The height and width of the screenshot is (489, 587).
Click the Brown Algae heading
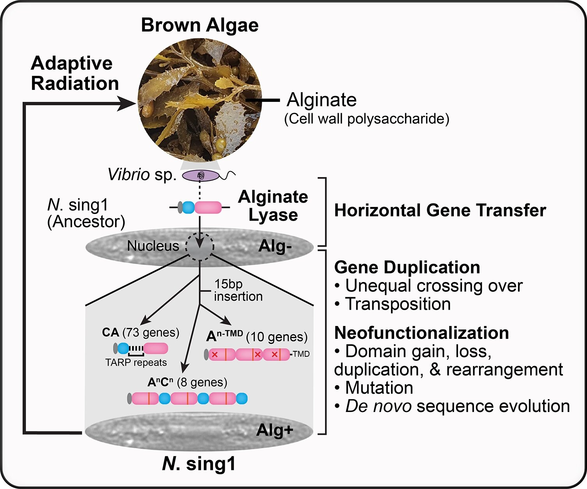199,25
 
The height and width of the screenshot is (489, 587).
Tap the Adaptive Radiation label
74,74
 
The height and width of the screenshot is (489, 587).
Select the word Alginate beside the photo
321,100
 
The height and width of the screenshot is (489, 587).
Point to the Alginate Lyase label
273,206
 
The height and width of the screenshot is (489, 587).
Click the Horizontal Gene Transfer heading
440,210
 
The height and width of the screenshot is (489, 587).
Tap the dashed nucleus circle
199,246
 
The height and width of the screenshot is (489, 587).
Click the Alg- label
275,247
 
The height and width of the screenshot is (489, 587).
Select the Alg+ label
275,430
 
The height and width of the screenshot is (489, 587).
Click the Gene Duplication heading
407,267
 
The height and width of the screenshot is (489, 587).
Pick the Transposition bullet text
398,304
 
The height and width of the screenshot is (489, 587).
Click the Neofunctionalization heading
421,333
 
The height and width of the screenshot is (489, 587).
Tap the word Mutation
379,388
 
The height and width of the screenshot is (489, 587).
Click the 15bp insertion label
238,290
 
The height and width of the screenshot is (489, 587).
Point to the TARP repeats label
136,363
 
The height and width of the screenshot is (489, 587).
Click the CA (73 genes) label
141,333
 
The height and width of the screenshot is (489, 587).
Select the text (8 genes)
202,382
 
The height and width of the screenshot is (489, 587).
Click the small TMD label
301,354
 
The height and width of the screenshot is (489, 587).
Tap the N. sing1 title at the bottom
199,464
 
